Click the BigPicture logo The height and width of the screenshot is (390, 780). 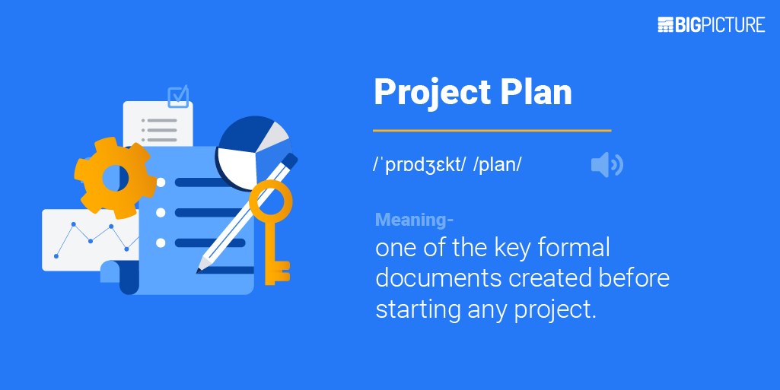(x=711, y=24)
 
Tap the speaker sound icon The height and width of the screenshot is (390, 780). (x=606, y=164)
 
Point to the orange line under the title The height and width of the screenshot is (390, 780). (x=492, y=131)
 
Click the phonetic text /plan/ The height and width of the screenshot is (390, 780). (x=497, y=165)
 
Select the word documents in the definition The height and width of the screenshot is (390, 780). (x=439, y=278)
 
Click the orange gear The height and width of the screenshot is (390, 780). (x=114, y=179)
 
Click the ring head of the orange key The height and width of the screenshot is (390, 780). (x=271, y=200)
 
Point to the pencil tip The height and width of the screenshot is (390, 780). (x=202, y=267)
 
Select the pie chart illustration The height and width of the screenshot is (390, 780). (x=253, y=147)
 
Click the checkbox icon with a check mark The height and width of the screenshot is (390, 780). (x=178, y=97)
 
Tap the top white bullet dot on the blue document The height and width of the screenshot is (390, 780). (x=161, y=182)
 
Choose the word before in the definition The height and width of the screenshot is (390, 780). (x=634, y=278)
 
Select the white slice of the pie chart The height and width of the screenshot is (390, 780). (x=237, y=165)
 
